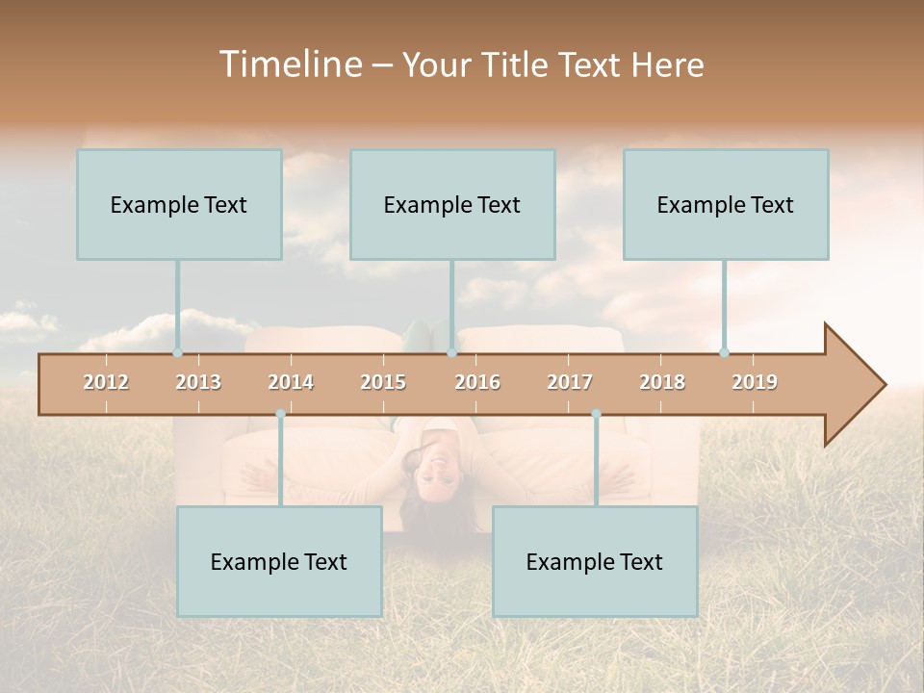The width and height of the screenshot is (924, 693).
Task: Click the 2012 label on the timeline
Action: [106, 382]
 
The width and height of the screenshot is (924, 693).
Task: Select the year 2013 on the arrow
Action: [198, 382]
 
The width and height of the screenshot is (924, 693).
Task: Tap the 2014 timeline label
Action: [291, 382]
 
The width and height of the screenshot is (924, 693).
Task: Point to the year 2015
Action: [383, 382]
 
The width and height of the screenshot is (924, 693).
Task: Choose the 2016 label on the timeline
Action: [477, 382]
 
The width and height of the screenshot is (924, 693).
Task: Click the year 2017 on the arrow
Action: [570, 382]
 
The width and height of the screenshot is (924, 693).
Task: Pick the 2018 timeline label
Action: [662, 382]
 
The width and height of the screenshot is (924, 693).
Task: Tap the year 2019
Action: [755, 382]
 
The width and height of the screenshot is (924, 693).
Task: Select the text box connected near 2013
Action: [179, 205]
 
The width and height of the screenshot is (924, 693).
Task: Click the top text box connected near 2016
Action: [452, 205]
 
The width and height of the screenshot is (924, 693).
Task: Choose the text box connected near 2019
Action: [726, 205]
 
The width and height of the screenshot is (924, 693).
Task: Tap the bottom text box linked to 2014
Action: [279, 562]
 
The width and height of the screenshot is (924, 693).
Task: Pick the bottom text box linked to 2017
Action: [595, 562]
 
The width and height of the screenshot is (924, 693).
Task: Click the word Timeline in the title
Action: [290, 64]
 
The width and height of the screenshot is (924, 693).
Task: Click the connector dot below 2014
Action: [280, 414]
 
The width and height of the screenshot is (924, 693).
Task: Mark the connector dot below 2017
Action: [596, 414]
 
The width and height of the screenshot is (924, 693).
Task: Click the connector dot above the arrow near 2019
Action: [725, 352]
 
